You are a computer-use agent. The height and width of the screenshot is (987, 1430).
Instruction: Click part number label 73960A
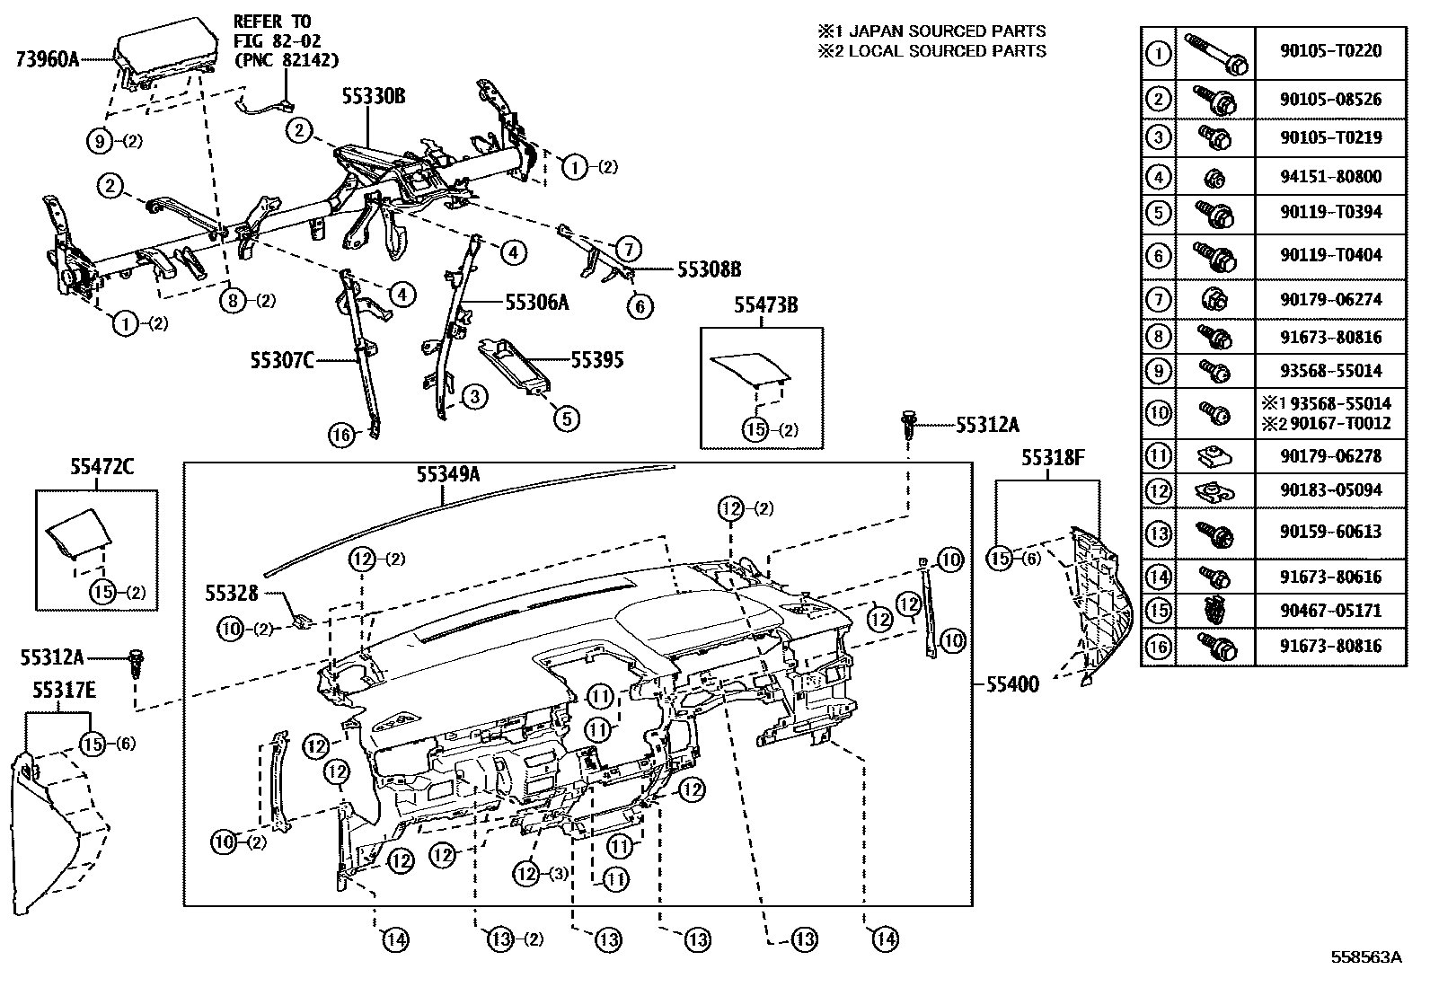point(48,59)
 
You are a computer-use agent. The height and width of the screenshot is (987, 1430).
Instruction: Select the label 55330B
point(372,97)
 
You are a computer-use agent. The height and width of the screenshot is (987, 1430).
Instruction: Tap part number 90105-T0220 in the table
point(1330,52)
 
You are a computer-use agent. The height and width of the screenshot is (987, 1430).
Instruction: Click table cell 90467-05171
point(1330,611)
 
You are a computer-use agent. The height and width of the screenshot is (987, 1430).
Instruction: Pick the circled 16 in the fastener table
point(1159,646)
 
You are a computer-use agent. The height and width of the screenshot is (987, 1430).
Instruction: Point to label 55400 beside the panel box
point(1011,685)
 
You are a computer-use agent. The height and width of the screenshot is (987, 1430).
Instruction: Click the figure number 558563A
point(1365,957)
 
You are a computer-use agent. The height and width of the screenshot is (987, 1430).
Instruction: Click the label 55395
point(596,361)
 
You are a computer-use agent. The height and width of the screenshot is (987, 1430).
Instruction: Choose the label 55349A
point(446,474)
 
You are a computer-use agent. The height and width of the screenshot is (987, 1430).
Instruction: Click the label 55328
point(232,593)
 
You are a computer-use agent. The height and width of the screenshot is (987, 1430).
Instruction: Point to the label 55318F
point(1053,458)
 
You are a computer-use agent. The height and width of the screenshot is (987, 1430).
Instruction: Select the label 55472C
point(96,466)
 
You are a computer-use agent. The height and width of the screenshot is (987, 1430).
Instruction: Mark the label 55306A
point(537,303)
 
